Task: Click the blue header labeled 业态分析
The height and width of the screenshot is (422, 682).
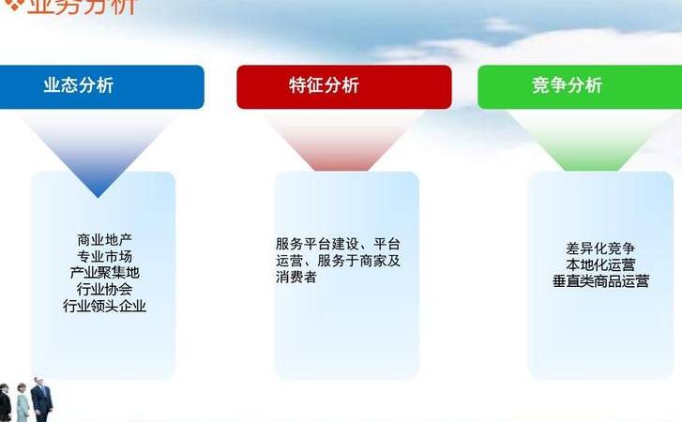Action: click(99, 86)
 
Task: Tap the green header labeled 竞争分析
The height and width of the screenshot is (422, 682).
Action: click(579, 86)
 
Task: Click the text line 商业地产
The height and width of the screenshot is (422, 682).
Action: click(104, 240)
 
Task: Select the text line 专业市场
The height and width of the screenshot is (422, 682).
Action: click(104, 256)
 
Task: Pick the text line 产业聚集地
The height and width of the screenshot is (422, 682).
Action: click(104, 273)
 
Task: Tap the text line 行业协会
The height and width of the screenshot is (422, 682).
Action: click(104, 289)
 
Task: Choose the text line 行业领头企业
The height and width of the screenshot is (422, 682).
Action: click(104, 306)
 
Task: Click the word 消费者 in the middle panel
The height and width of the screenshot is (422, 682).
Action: click(296, 278)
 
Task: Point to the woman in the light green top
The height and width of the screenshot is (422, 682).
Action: click(23, 405)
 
